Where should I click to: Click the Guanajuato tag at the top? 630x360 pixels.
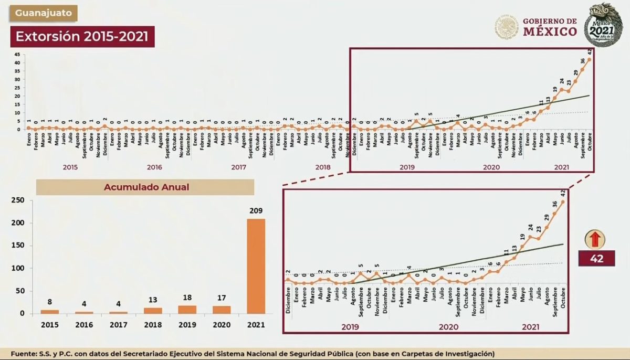pos(43,13)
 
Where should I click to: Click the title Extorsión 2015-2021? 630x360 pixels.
pos(82,37)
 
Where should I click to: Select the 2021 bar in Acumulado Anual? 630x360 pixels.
pos(256,266)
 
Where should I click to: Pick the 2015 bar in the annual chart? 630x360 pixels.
pos(50,312)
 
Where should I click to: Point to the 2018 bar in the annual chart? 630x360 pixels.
pos(153,311)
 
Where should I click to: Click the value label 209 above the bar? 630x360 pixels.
pos(256,210)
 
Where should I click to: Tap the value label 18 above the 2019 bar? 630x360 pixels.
pos(187,298)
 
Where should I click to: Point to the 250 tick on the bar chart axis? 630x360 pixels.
pos(17,200)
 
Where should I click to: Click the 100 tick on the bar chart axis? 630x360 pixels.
pos(17,268)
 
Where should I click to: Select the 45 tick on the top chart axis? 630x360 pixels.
pos(17,55)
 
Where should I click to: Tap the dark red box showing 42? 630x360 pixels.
pos(596,258)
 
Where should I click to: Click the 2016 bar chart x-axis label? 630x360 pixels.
pos(84,325)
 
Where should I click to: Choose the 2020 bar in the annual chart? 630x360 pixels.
pos(222,310)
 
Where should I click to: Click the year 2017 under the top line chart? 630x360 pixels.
pos(239,167)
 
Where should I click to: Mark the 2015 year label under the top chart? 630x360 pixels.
pos(70,167)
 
